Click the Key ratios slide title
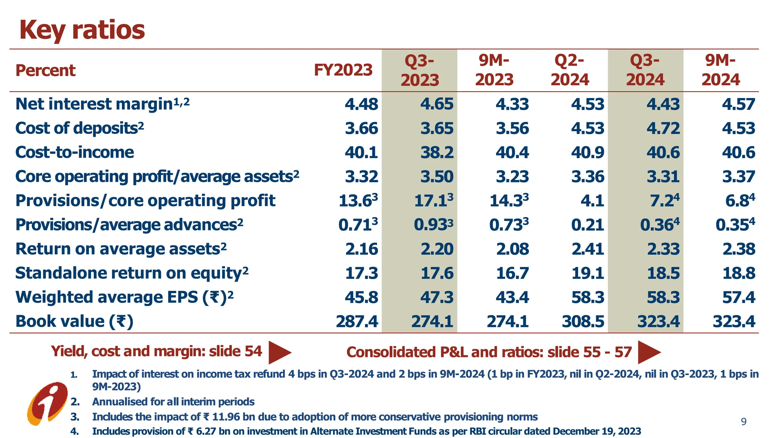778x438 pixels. (x=82, y=30)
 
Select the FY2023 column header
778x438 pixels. (x=343, y=70)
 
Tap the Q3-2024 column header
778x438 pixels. (x=645, y=70)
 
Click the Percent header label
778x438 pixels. (x=45, y=71)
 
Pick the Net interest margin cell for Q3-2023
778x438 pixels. (x=436, y=104)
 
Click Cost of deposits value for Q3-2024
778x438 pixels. (x=663, y=129)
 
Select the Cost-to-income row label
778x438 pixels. (x=74, y=152)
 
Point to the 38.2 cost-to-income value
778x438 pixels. (x=436, y=152)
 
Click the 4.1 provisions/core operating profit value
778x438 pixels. (x=592, y=201)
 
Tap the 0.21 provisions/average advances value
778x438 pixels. (x=587, y=225)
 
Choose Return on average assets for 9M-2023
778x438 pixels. (x=512, y=249)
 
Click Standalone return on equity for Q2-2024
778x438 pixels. (x=587, y=273)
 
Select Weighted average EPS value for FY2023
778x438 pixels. (x=361, y=297)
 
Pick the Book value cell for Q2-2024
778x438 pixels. (x=583, y=322)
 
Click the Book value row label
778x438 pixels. (x=74, y=322)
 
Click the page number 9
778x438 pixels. (x=743, y=422)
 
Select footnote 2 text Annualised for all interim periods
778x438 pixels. (x=173, y=402)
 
